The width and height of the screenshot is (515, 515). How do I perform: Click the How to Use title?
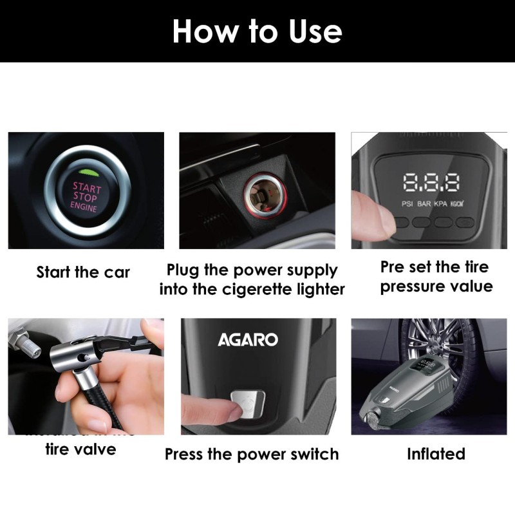257,31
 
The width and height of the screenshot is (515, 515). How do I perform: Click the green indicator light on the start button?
87,172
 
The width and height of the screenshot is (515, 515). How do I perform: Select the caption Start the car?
83,272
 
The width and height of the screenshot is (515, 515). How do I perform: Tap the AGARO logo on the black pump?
247,339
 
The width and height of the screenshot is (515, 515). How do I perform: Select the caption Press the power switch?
252,454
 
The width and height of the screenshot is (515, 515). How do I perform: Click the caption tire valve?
80,449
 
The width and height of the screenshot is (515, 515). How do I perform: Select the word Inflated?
436,454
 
